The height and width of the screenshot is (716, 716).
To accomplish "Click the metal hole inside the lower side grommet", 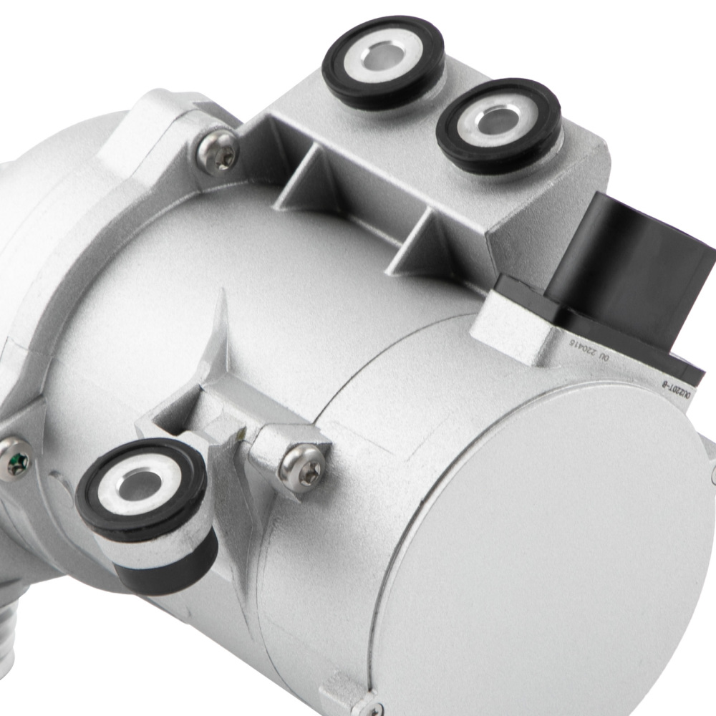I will pyautogui.click(x=137, y=487).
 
